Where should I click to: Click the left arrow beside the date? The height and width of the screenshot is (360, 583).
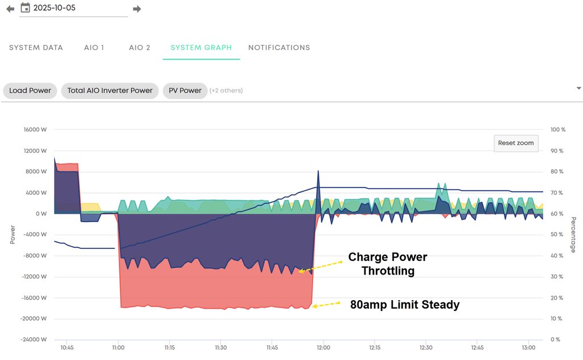tap(10, 9)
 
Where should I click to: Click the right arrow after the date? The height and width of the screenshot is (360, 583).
tap(137, 9)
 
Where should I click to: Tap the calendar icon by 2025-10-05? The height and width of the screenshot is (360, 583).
tap(25, 8)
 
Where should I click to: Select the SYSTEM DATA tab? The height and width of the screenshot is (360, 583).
tap(36, 48)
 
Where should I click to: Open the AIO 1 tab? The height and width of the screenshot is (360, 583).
tap(94, 48)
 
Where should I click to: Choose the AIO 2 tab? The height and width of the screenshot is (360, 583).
tap(139, 48)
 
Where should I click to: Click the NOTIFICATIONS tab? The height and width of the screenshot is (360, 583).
tap(279, 48)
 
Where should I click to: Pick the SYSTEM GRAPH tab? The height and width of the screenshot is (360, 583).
tap(201, 48)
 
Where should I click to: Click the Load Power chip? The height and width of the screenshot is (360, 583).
tap(30, 91)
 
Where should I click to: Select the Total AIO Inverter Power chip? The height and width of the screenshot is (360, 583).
tap(110, 91)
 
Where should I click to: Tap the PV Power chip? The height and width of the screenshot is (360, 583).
tap(185, 91)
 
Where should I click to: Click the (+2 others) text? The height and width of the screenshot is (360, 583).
tap(226, 91)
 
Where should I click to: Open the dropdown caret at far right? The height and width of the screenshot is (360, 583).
tap(579, 88)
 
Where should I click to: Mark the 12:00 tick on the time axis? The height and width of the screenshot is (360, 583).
tap(323, 347)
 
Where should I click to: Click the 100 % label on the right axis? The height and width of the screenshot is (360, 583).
tap(559, 130)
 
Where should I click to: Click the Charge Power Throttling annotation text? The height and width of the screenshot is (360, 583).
tap(388, 264)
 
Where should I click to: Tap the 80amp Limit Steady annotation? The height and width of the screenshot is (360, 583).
tap(405, 305)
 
